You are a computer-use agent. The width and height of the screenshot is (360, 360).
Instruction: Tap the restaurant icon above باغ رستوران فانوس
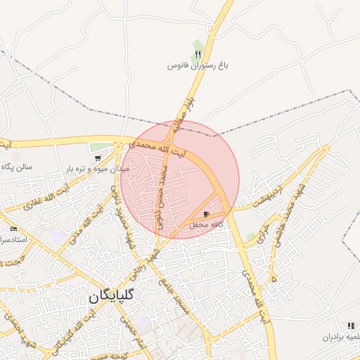coord(199,54)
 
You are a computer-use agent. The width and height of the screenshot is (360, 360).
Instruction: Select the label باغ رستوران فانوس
coord(198,65)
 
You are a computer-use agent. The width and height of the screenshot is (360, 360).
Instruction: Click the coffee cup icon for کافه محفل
coord(206,214)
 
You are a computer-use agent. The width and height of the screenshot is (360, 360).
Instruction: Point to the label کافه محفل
coord(206,224)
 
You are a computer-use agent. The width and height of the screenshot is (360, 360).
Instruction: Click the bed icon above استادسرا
coord(13,229)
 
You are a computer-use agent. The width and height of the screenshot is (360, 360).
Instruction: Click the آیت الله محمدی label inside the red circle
coord(162,148)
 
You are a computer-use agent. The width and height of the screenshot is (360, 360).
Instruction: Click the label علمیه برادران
coord(342,337)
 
